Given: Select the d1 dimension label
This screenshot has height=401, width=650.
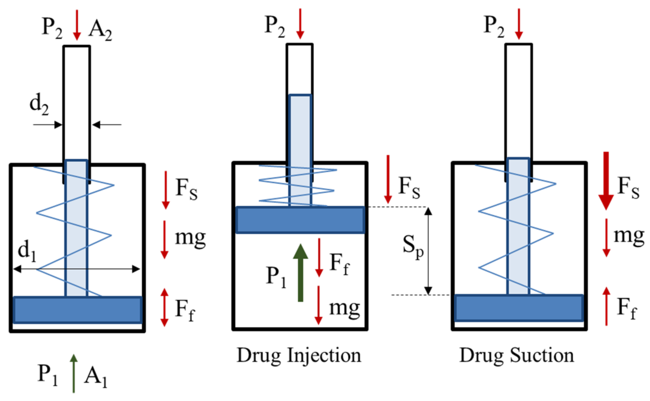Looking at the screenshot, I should [27, 251].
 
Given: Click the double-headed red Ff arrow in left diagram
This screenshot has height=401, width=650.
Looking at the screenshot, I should [164, 307].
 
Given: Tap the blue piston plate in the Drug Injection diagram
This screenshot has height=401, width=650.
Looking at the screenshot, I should [300, 220].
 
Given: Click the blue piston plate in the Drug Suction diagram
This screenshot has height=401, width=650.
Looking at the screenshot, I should [519, 308].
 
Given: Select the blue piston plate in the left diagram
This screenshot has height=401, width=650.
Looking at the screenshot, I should [78, 310].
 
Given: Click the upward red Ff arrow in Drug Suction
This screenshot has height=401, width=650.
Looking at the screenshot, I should [606, 306].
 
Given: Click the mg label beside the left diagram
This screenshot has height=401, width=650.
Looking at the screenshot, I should [190, 238].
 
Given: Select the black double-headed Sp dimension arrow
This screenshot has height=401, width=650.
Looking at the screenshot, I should [428, 251].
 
